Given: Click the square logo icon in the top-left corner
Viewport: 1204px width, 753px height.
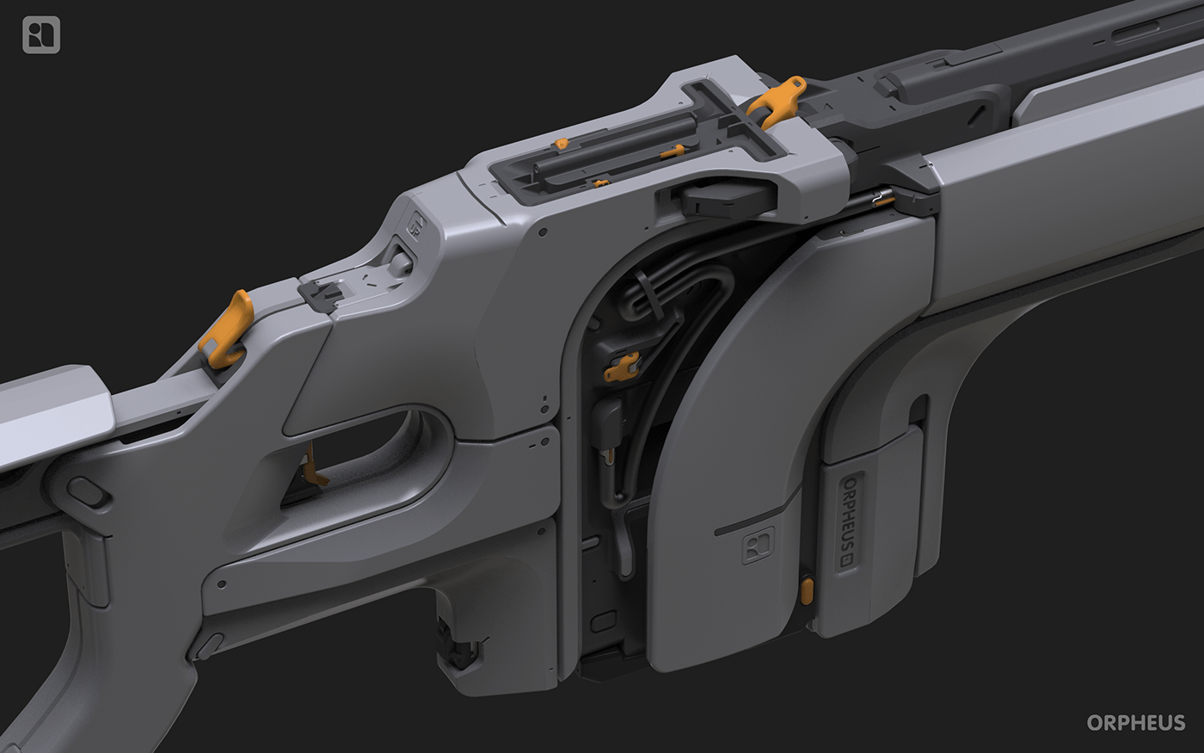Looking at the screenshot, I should (40, 35).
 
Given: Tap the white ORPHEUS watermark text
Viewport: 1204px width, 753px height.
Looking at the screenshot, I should (1135, 722).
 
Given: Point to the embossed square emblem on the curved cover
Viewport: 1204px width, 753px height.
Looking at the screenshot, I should (758, 545).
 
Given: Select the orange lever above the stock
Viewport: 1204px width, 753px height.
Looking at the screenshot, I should (227, 329).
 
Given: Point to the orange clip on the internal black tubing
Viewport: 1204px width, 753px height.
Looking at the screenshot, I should (623, 366).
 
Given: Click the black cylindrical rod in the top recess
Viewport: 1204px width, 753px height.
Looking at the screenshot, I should (602, 145).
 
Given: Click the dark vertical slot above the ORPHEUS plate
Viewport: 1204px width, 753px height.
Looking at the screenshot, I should (918, 412).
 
